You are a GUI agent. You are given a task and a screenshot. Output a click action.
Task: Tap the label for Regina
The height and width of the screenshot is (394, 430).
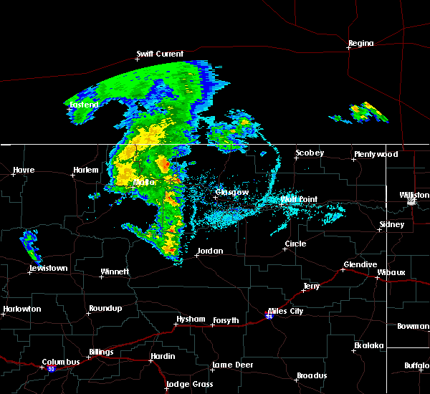[x=360, y=43]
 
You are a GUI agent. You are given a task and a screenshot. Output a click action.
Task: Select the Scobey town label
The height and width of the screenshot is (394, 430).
[x=310, y=153]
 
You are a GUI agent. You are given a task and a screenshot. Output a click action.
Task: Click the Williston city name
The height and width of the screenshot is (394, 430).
[x=415, y=195]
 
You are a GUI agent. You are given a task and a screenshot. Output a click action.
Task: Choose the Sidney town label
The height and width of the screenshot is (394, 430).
[x=391, y=224]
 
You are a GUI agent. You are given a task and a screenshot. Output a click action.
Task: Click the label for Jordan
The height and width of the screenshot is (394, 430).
[x=210, y=251]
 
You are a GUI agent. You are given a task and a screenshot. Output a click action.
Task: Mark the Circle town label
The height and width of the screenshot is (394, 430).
[x=295, y=244]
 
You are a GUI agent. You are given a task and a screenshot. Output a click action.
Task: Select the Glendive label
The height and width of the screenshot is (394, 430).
[x=360, y=264]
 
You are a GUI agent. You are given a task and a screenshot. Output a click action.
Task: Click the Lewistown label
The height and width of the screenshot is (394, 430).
[x=48, y=268]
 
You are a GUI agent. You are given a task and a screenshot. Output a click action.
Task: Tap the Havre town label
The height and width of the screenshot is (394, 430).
[x=24, y=170]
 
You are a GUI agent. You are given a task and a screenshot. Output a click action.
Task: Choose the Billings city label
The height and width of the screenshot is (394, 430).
[x=100, y=352]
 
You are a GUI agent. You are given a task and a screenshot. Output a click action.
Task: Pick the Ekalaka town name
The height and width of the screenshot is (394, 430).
[x=369, y=345]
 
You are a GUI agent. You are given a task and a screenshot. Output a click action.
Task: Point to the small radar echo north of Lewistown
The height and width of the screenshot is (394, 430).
[x=30, y=244]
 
